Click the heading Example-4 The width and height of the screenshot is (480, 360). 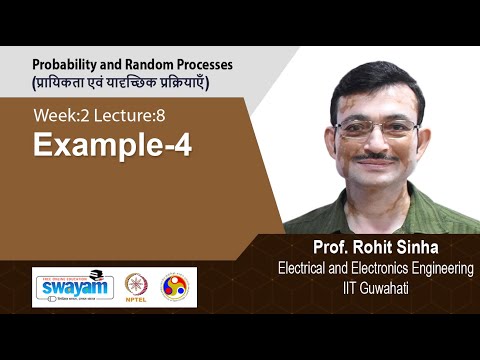[112, 145]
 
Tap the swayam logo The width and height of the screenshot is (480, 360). [73, 287]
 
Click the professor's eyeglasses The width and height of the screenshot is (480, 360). [379, 128]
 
